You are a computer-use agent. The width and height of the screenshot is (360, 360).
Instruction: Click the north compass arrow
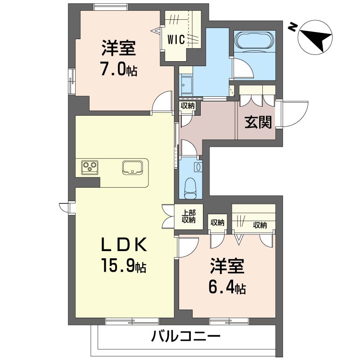316,36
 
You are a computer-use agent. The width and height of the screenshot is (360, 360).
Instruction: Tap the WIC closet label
176,40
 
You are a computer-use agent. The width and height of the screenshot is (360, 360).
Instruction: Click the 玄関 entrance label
259,122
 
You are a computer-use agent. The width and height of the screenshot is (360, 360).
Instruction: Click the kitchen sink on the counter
133,167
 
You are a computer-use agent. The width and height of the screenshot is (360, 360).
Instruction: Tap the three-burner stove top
89,167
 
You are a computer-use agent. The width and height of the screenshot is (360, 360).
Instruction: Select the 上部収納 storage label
189,216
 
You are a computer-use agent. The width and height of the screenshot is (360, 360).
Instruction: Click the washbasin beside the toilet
198,166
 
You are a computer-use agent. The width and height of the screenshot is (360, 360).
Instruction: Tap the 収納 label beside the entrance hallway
188,106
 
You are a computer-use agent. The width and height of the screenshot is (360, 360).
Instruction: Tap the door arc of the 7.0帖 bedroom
162,103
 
